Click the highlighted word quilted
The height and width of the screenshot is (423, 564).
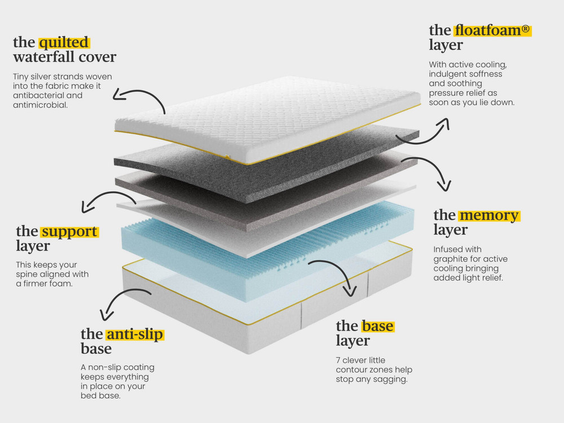[64, 42]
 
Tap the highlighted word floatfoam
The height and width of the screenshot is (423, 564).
[487, 30]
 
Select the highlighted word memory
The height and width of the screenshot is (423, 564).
[489, 215]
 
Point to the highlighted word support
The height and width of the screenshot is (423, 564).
[69, 232]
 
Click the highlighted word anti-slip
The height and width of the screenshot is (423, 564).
[135, 334]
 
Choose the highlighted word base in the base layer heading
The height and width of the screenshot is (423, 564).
[377, 326]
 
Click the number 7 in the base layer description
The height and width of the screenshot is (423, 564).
[338, 360]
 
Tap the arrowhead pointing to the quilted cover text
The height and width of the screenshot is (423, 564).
[118, 95]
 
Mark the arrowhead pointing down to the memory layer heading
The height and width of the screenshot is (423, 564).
[444, 186]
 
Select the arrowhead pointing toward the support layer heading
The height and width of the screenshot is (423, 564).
[87, 207]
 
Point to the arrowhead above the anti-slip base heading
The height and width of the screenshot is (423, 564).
[107, 315]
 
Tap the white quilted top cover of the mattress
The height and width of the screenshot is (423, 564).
[267, 118]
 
